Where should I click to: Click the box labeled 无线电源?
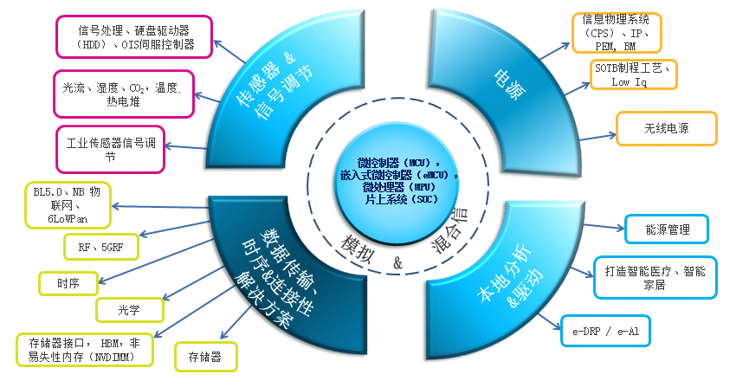point(667,128)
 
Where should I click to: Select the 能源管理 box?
point(667,229)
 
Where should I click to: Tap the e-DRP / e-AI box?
point(605,331)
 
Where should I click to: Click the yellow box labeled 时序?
point(68,284)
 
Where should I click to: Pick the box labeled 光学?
point(129,310)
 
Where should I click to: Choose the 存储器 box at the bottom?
point(205,357)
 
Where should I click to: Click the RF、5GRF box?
point(101,247)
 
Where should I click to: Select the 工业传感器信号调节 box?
point(110,150)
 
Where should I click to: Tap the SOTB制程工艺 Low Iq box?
point(633,74)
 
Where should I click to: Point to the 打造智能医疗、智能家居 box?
point(655,278)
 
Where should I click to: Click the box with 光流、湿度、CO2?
point(124,94)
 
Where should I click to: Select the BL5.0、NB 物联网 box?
point(68,205)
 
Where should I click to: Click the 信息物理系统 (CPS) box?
point(617,32)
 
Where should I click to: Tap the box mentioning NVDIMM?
point(85,350)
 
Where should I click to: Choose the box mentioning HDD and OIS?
point(134,37)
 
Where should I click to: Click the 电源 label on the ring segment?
point(509,85)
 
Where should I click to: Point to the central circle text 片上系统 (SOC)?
point(401,199)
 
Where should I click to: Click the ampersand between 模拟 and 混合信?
point(398,262)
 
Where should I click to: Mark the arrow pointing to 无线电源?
point(597,137)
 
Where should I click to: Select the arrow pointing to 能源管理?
point(604,227)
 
